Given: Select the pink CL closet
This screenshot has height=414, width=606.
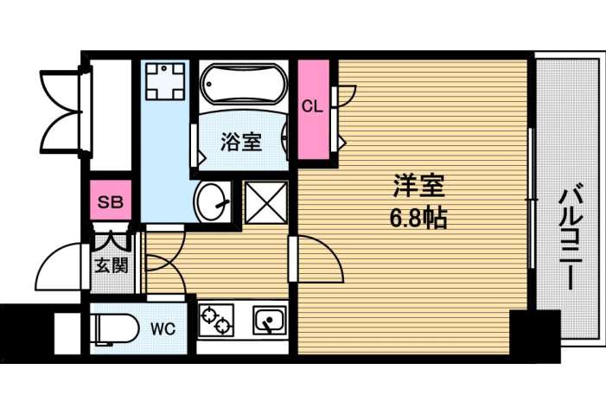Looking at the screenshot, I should click(x=312, y=108).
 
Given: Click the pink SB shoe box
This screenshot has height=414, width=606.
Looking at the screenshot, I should click(x=110, y=202).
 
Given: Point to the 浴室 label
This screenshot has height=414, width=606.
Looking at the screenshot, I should click(x=240, y=142).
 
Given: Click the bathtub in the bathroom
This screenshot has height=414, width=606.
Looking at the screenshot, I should click(x=242, y=87).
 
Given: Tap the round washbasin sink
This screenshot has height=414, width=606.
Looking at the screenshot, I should click(x=211, y=203).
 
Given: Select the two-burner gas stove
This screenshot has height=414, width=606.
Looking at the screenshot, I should click(x=215, y=322).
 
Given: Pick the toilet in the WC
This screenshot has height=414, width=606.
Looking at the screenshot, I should click(x=115, y=329).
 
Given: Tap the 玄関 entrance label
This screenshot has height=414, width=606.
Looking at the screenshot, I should click(x=111, y=264).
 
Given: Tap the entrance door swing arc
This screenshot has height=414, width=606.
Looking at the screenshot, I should click(x=61, y=268).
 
